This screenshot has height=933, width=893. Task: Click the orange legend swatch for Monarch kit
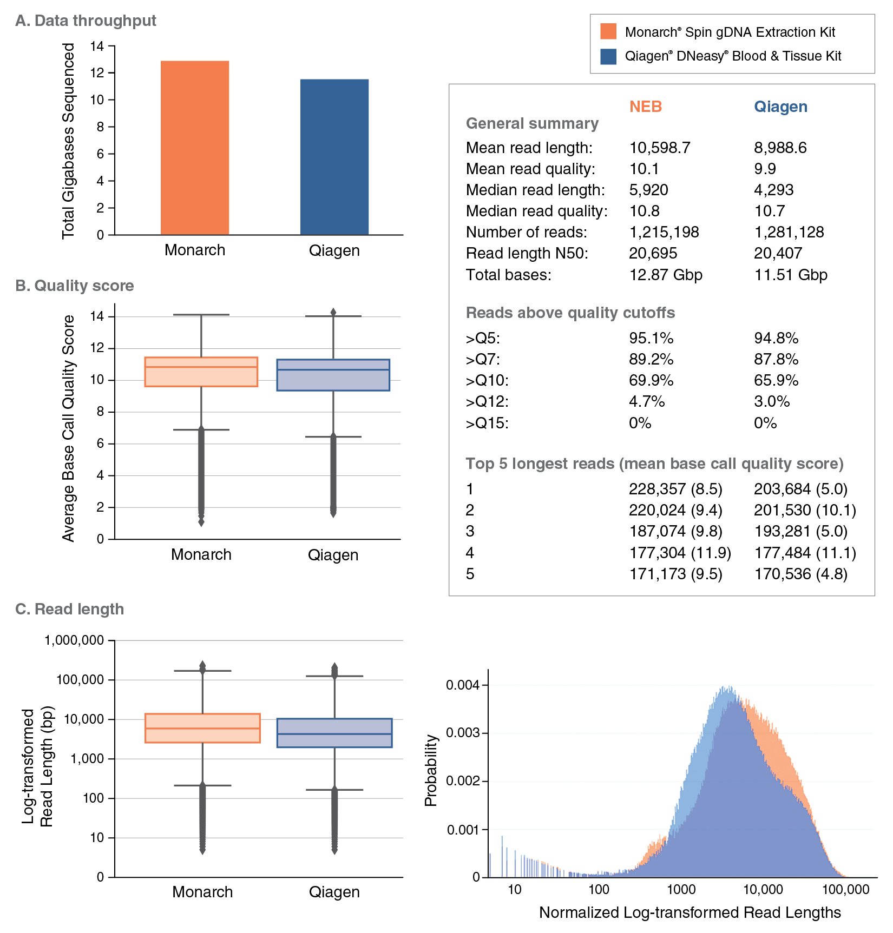click(608, 31)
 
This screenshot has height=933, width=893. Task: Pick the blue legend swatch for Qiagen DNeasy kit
click(608, 56)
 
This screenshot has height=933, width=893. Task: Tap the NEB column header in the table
click(645, 107)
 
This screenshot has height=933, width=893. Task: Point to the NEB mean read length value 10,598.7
click(659, 148)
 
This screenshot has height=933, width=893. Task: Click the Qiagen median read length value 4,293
click(773, 190)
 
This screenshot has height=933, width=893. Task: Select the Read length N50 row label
click(527, 253)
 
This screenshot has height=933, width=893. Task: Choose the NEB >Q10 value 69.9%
click(651, 380)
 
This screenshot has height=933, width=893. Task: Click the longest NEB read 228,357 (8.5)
click(675, 489)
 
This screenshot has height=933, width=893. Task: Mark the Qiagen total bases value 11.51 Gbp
click(790, 275)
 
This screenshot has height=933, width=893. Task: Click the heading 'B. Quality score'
click(75, 286)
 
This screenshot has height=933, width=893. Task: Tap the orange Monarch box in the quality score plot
click(201, 372)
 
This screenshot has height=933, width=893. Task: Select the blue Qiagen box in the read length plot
click(334, 733)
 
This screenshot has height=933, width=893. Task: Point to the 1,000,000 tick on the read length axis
click(74, 640)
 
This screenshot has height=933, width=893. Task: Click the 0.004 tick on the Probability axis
click(463, 685)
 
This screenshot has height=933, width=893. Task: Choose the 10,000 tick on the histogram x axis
click(763, 890)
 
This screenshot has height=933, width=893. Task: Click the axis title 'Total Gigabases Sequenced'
click(68, 141)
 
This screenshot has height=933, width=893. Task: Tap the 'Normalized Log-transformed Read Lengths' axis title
click(690, 913)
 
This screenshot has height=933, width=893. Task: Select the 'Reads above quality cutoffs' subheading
click(570, 313)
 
